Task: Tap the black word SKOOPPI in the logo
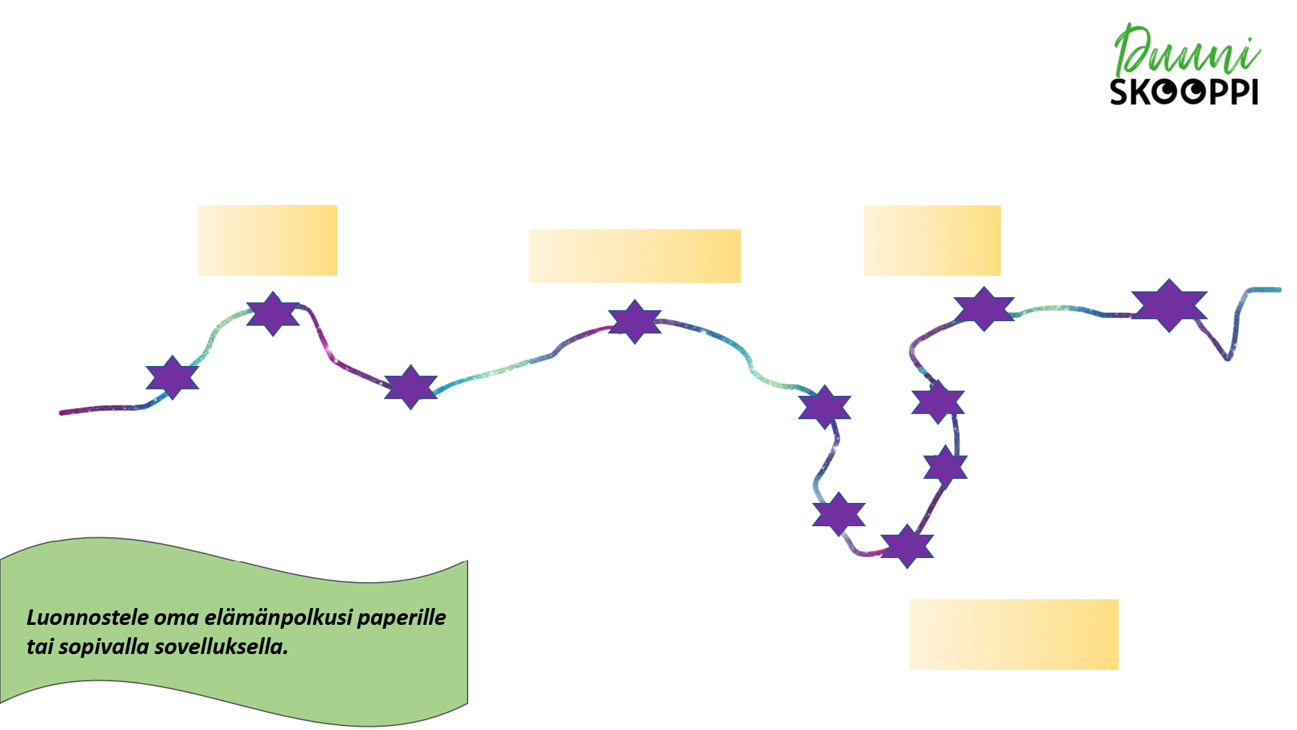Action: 1184,92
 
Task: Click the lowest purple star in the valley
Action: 907,546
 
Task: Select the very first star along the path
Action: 173,377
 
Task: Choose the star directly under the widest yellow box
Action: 635,321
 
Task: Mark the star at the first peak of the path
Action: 273,313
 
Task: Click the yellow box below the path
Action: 1014,634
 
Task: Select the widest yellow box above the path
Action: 634,256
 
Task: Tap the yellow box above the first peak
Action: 267,240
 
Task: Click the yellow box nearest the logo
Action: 932,240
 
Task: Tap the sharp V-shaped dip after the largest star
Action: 1227,358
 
